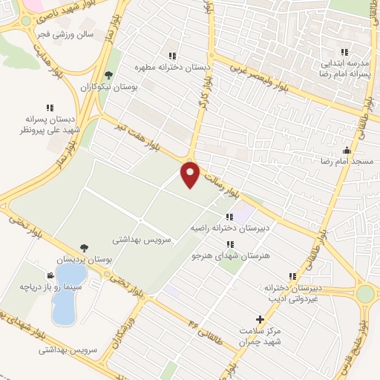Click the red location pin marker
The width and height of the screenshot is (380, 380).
pos(191,174)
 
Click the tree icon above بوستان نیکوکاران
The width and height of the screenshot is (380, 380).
pos(109,74)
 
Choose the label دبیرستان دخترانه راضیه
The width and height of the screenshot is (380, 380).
pos(223,228)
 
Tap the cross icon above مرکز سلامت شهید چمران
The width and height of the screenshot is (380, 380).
pos(259,318)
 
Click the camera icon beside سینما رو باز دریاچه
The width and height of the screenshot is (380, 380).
pos(50,274)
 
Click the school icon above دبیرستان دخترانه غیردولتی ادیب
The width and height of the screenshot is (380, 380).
pos(292,276)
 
